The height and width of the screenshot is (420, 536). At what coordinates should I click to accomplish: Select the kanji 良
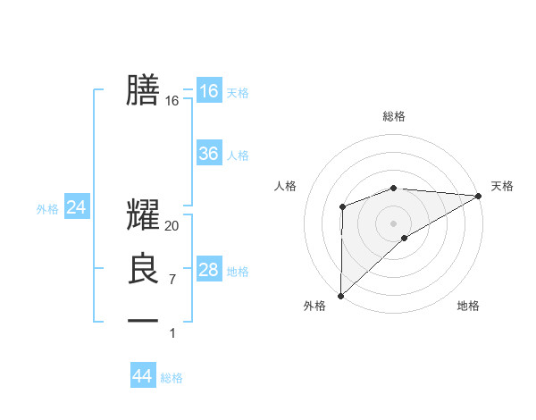click(x=144, y=269)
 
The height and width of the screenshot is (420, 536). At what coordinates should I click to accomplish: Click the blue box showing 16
click(x=208, y=90)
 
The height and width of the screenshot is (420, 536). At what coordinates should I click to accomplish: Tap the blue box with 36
click(x=208, y=154)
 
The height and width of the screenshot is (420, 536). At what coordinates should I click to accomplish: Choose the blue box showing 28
click(x=208, y=270)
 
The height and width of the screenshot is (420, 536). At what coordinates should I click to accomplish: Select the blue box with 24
click(x=76, y=207)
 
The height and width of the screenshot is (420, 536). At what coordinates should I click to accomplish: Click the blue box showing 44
click(x=142, y=376)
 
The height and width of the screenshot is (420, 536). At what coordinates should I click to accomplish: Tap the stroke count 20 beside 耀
click(x=172, y=226)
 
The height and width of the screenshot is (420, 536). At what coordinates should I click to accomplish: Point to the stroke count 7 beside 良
click(x=172, y=279)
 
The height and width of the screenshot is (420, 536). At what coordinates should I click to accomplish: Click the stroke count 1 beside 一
click(x=172, y=332)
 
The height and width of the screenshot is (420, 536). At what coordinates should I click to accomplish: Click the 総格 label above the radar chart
click(x=393, y=116)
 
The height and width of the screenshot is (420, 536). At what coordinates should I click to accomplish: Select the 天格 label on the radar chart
click(x=502, y=186)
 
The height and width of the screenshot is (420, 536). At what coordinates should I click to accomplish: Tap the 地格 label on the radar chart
click(x=468, y=306)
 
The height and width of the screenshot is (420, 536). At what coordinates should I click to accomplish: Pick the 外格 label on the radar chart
click(x=314, y=306)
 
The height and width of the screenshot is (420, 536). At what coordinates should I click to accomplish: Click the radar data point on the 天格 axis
click(x=479, y=195)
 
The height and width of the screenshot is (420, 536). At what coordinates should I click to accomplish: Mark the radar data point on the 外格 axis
click(x=340, y=295)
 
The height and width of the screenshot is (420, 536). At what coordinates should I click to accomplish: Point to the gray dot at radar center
click(x=393, y=222)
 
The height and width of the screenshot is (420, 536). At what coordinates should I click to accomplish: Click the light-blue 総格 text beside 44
click(x=172, y=378)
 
